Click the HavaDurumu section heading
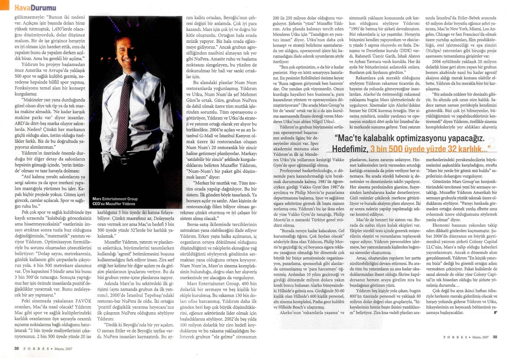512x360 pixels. click(35, 7)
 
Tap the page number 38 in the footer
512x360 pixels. click(16, 348)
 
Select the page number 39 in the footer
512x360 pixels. click(495, 337)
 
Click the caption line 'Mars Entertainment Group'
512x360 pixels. click(115, 199)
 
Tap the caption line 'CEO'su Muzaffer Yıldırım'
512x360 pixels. click(114, 204)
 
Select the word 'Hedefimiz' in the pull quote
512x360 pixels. click(350, 149)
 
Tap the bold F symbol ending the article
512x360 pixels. click(495, 312)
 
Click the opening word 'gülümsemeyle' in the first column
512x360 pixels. click(28, 17)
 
